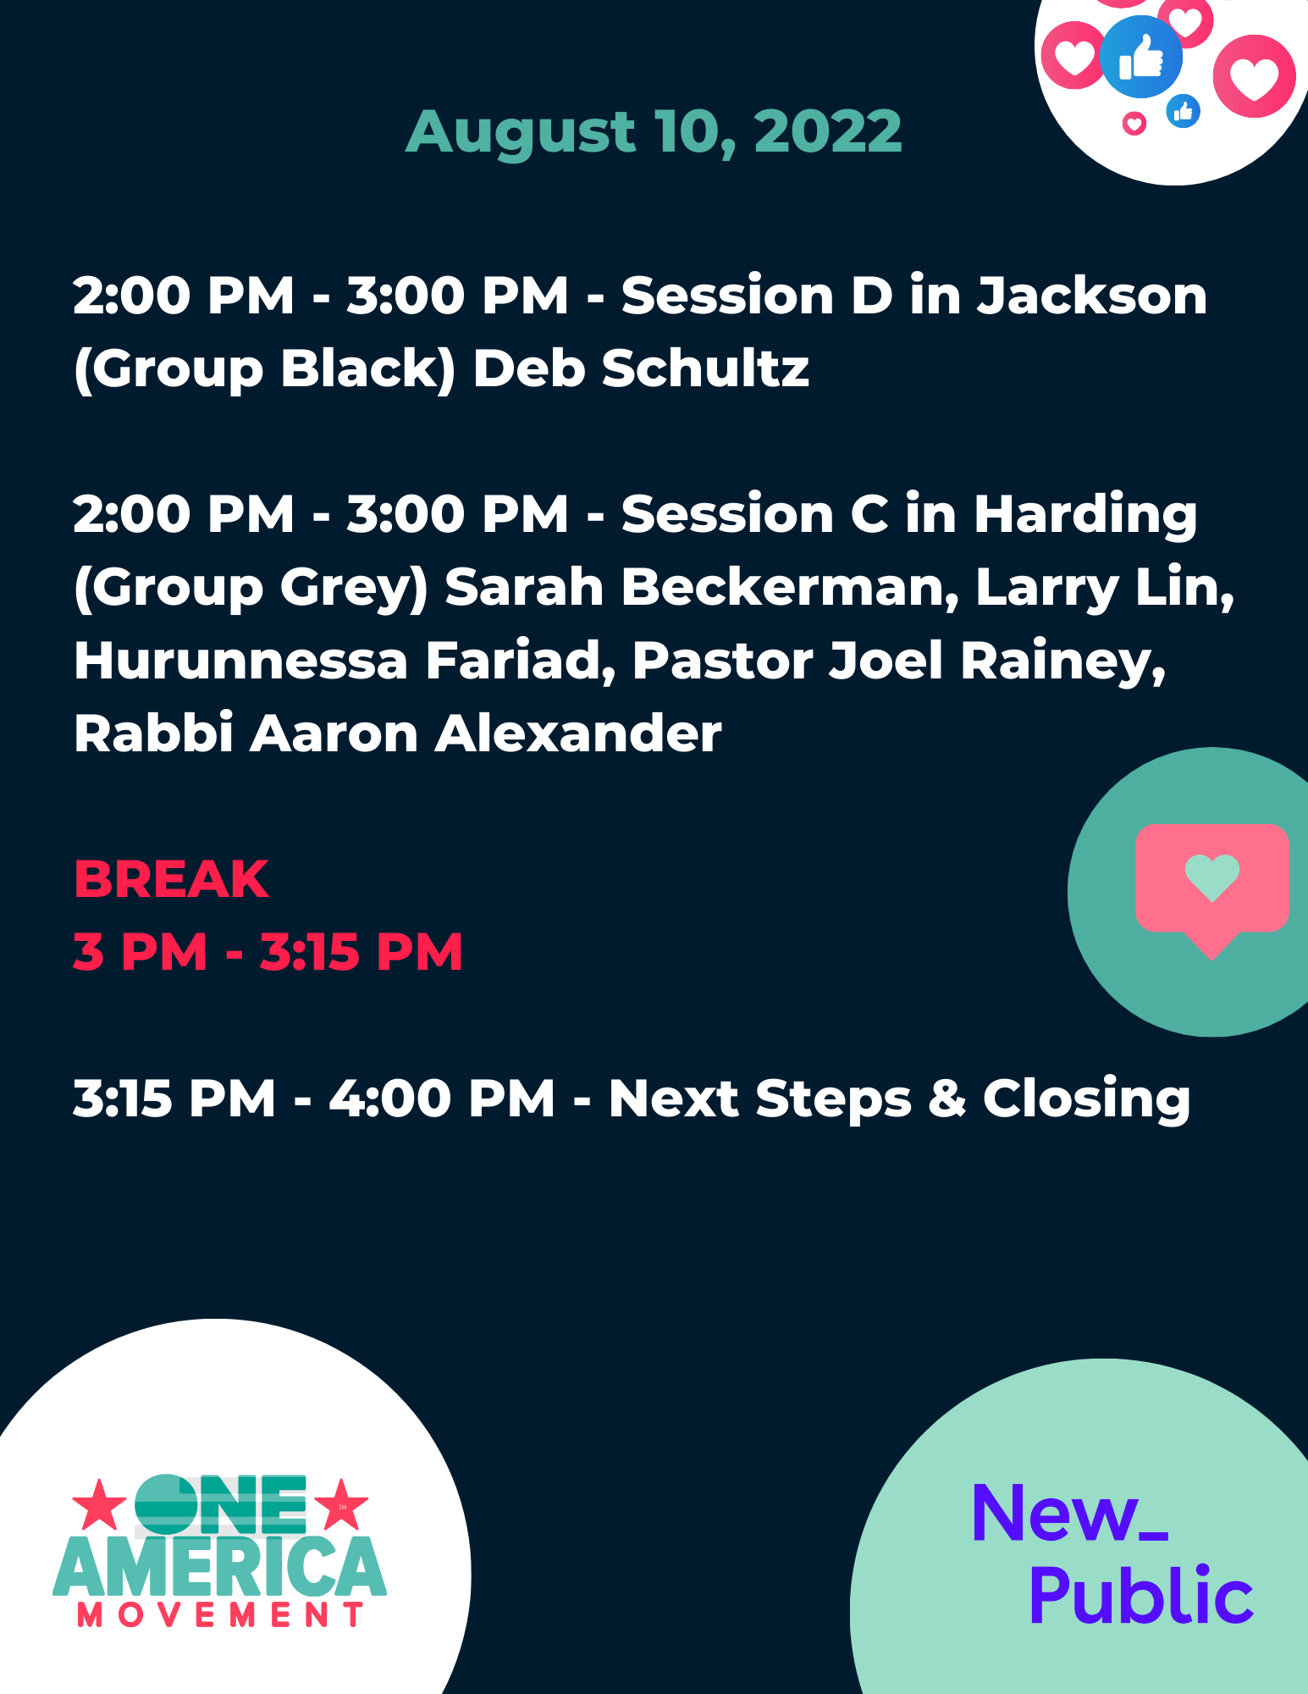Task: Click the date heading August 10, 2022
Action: click(x=654, y=133)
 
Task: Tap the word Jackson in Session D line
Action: click(x=1092, y=296)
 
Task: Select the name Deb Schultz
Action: click(x=641, y=368)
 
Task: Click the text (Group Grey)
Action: click(x=251, y=589)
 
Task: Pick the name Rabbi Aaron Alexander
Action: click(x=398, y=734)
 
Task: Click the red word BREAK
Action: click(x=171, y=879)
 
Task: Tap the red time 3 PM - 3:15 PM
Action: click(x=268, y=952)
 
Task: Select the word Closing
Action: click(x=1086, y=1099)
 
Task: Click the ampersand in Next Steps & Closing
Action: click(x=947, y=1099)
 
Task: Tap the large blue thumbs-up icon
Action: click(x=1141, y=57)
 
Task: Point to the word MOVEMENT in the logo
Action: click(x=220, y=1615)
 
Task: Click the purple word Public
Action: click(x=1141, y=1596)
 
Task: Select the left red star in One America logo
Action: click(x=99, y=1505)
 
